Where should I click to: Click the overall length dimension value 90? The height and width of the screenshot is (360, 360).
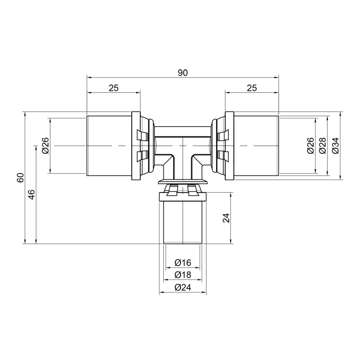pyautogui.click(x=182, y=73)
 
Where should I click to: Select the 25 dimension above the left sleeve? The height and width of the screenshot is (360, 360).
pyautogui.click(x=113, y=88)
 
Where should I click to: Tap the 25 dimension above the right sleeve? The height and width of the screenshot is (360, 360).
pyautogui.click(x=252, y=88)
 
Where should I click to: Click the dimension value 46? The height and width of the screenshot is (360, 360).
pyautogui.click(x=31, y=194)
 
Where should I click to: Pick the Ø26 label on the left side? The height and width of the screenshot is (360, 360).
pyautogui.click(x=45, y=146)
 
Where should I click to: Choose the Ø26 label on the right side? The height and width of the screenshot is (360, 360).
pyautogui.click(x=310, y=146)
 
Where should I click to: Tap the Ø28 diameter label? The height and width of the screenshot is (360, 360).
pyautogui.click(x=322, y=146)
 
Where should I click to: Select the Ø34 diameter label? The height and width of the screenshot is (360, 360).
pyautogui.click(x=335, y=146)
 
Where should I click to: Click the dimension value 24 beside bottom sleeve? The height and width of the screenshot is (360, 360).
pyautogui.click(x=227, y=218)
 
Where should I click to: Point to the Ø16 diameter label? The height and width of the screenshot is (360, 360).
pyautogui.click(x=182, y=262)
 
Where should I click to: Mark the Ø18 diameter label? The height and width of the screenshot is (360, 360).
pyautogui.click(x=182, y=275)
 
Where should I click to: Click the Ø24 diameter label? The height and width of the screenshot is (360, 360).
pyautogui.click(x=182, y=288)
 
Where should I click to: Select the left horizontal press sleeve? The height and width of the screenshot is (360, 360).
pyautogui.click(x=108, y=146)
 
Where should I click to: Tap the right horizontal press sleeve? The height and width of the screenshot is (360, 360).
pyautogui.click(x=256, y=146)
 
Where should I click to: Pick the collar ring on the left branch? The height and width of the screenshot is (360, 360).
pyautogui.click(x=135, y=146)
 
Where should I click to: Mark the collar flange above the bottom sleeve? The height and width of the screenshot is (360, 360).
pyautogui.click(x=183, y=182)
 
